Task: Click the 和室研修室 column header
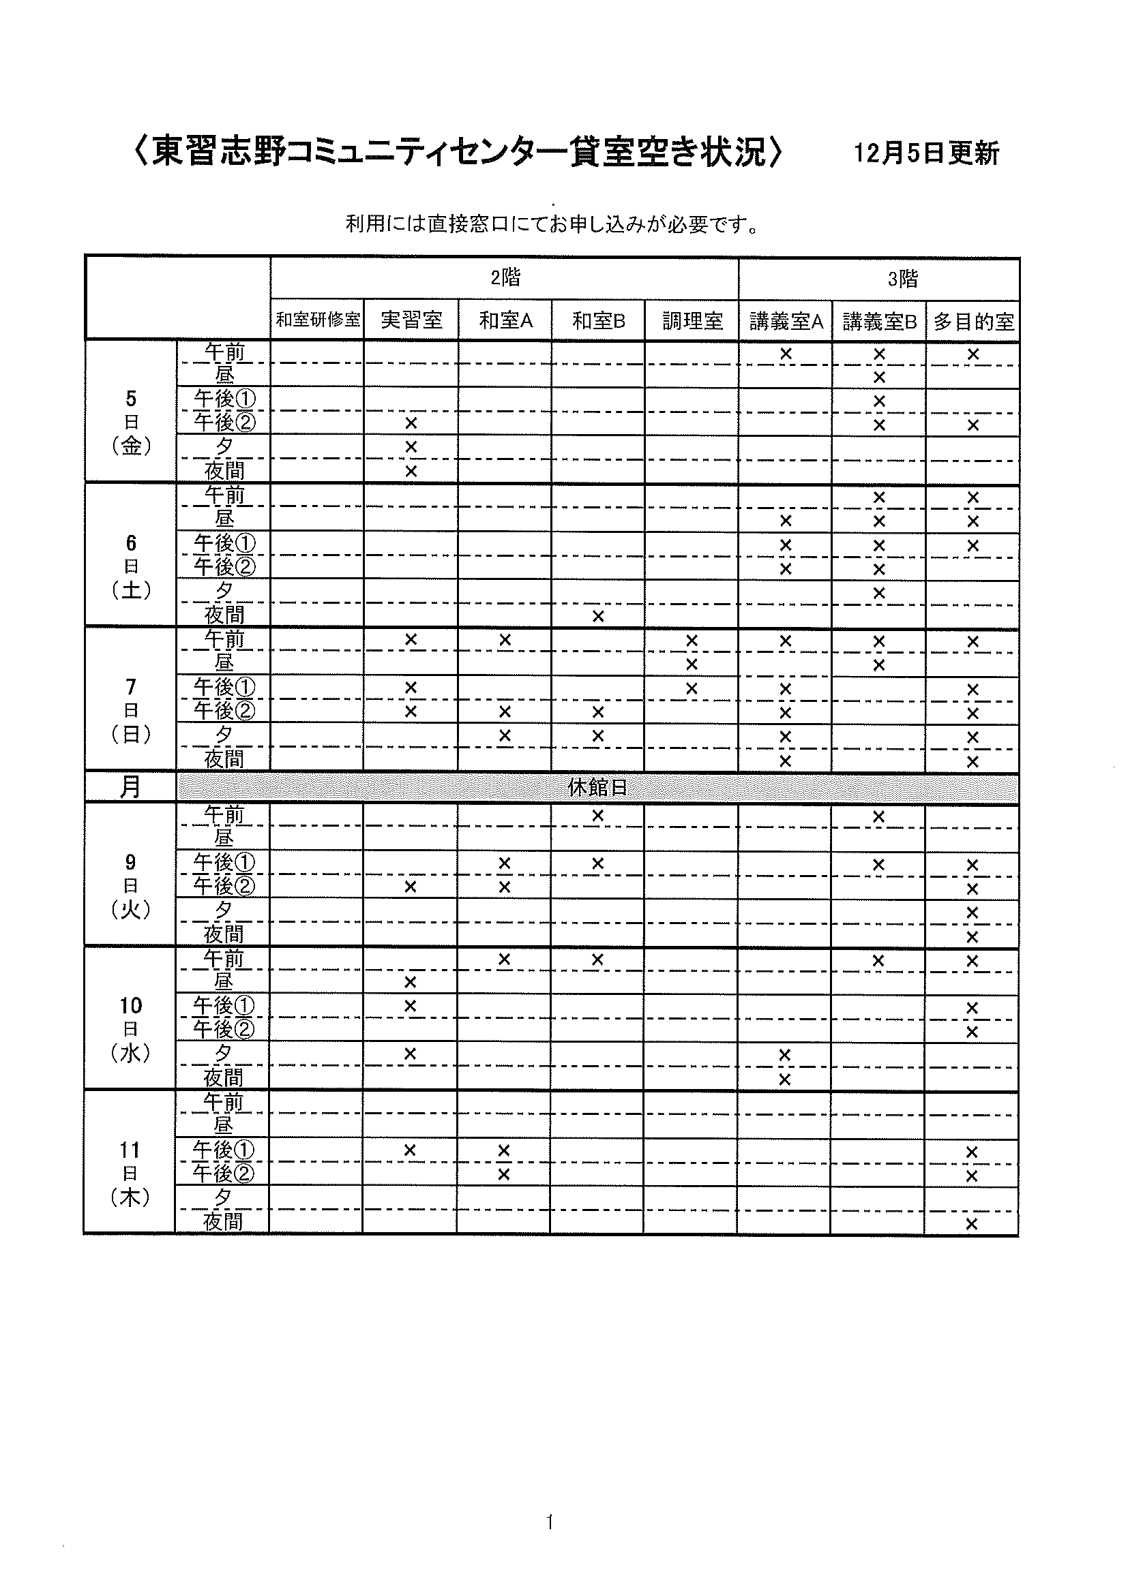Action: pyautogui.click(x=318, y=320)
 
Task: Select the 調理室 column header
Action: pyautogui.click(x=692, y=321)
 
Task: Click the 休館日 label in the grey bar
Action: pyautogui.click(x=597, y=787)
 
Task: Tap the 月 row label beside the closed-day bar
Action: pyautogui.click(x=130, y=787)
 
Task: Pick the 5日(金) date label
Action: pyautogui.click(x=131, y=421)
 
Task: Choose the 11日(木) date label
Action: pyautogui.click(x=130, y=1174)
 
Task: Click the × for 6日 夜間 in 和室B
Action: pyautogui.click(x=598, y=616)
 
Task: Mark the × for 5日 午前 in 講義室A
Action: pyautogui.click(x=786, y=354)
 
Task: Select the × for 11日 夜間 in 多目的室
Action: pyautogui.click(x=972, y=1224)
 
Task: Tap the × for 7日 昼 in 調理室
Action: pyautogui.click(x=692, y=664)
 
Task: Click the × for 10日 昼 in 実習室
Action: pyautogui.click(x=410, y=981)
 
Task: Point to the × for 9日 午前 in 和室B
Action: pyautogui.click(x=598, y=816)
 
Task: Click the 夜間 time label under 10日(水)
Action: pyautogui.click(x=224, y=1077)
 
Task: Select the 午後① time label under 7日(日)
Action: pyautogui.click(x=224, y=688)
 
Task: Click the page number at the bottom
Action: pyautogui.click(x=550, y=1522)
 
